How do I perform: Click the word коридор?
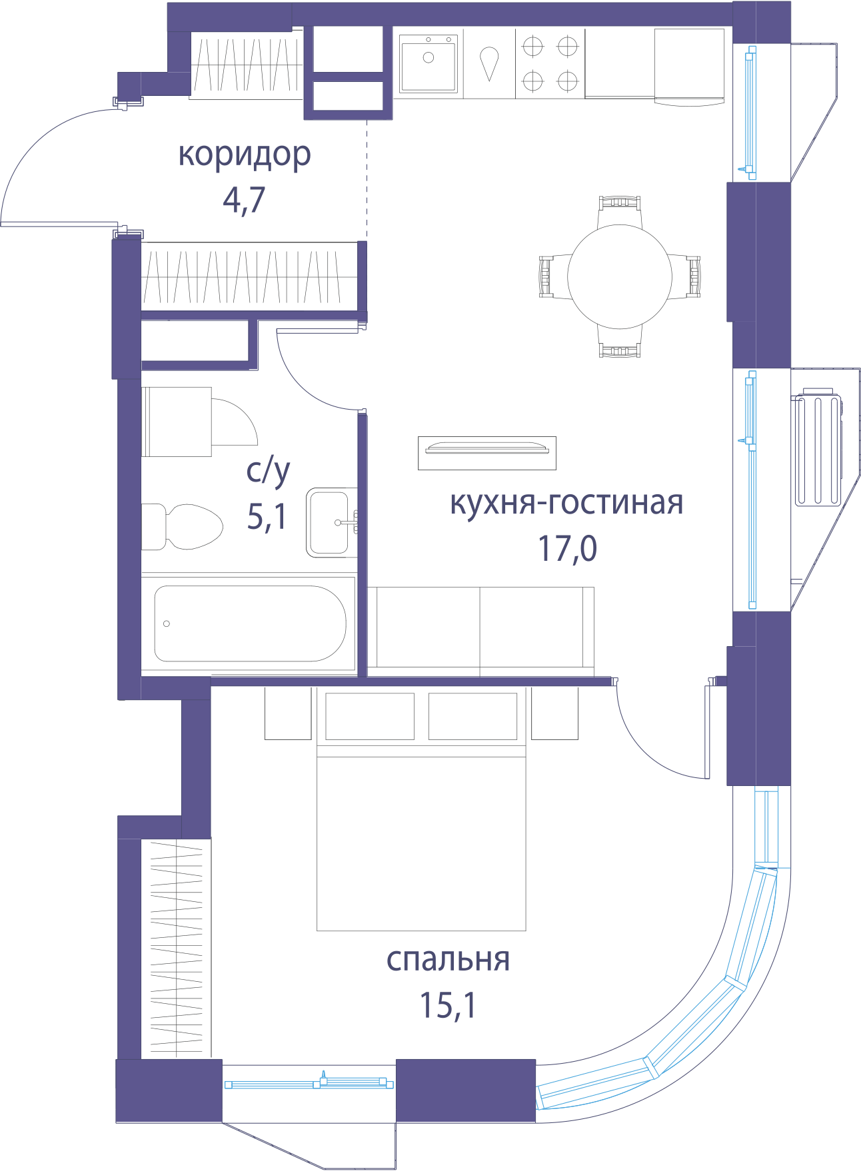[245, 155]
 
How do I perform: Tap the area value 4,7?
[244, 199]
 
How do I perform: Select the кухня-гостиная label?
[566, 504]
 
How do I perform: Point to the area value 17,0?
[567, 548]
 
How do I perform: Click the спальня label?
[448, 960]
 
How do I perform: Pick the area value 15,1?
[448, 1005]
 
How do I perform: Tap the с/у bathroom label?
[268, 472]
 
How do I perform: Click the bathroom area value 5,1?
[267, 516]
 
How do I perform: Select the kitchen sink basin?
[429, 63]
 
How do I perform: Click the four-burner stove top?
[550, 64]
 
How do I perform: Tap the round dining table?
[620, 276]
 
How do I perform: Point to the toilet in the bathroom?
[181, 526]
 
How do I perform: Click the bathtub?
[249, 623]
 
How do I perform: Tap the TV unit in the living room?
[487, 453]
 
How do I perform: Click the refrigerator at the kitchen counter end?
[689, 66]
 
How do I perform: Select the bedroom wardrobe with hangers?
[176, 949]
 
